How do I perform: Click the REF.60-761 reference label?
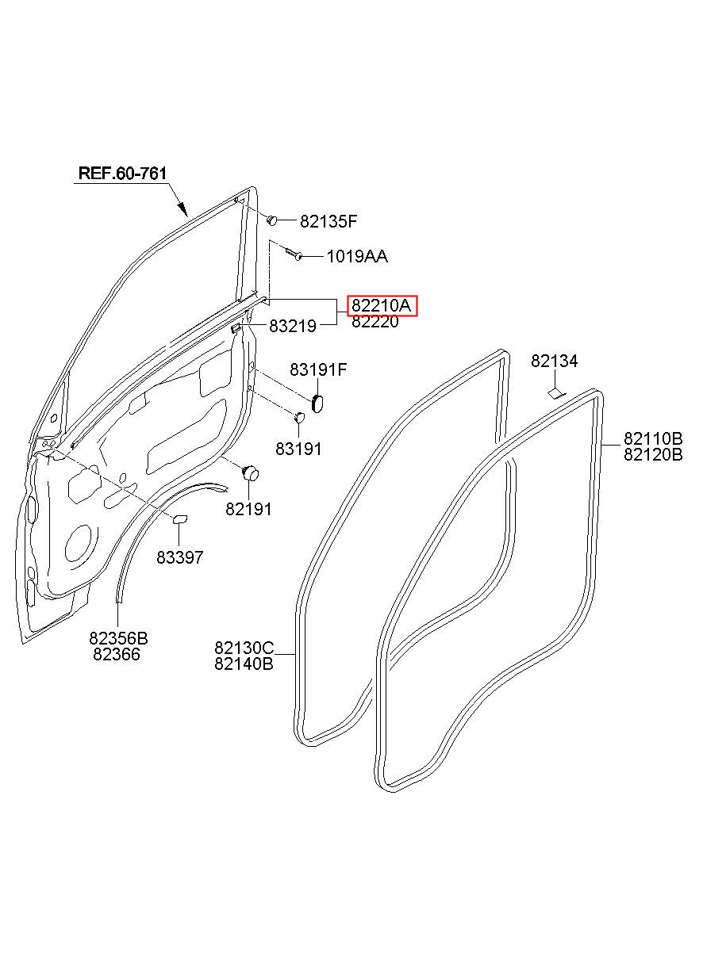coord(122,173)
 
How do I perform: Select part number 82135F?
coord(328,222)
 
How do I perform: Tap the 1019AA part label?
coord(356,257)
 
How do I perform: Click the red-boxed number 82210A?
coord(382,306)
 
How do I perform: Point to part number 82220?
coord(375,322)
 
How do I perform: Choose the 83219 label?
coord(292,326)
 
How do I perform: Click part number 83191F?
coord(318,369)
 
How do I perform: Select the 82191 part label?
coord(248,510)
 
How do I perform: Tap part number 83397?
coord(179,557)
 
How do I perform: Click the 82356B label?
coord(118,638)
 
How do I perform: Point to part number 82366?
coord(117,654)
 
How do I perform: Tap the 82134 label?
coord(555,361)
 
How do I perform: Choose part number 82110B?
coord(653,438)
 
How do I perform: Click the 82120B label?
coord(653,454)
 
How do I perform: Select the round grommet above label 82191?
coord(251,473)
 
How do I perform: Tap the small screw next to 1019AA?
coord(295,255)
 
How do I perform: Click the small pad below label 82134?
coord(555,392)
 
